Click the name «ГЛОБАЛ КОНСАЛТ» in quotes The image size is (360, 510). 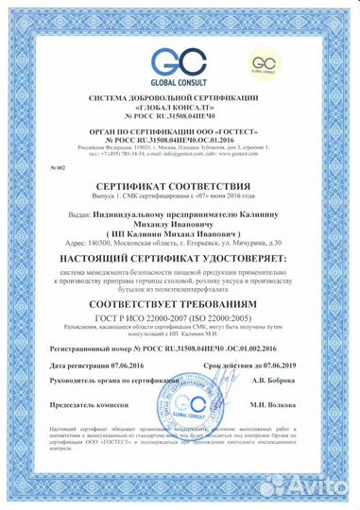coord(179,108)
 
